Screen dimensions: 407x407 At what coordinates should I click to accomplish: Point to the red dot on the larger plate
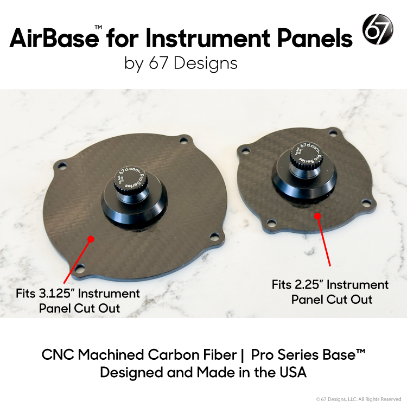coord(91,238)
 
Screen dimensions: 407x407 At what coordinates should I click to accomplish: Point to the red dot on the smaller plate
coord(317,215)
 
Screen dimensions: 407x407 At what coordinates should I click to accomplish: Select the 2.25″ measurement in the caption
coord(304,285)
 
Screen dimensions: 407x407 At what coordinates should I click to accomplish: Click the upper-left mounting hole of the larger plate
coord(60,163)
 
